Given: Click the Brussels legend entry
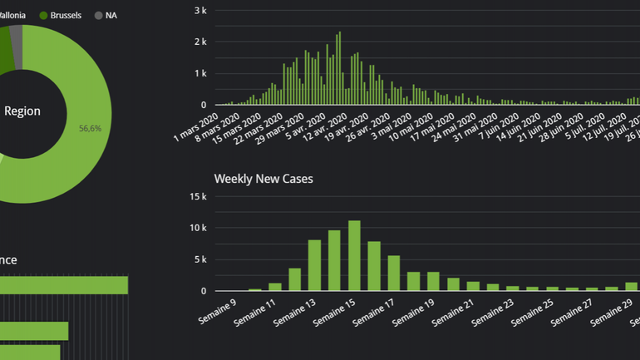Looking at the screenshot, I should tap(65, 15).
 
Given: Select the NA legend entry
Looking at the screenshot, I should tap(111, 15).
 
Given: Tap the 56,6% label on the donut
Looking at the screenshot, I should tap(90, 128).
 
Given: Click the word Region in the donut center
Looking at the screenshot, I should tap(22, 111).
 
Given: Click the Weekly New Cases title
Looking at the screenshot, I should tap(263, 179).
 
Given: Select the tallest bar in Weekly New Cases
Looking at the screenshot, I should tap(354, 255).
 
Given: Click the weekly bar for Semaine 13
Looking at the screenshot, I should tap(314, 265).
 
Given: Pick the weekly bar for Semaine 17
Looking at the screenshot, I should tap(394, 273).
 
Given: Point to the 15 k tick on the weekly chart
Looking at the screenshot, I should tap(198, 197).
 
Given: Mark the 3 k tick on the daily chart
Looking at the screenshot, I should tap(199, 10).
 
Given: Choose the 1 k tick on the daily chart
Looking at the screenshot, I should tap(199, 73).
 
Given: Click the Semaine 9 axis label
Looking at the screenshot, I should tap(217, 313).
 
